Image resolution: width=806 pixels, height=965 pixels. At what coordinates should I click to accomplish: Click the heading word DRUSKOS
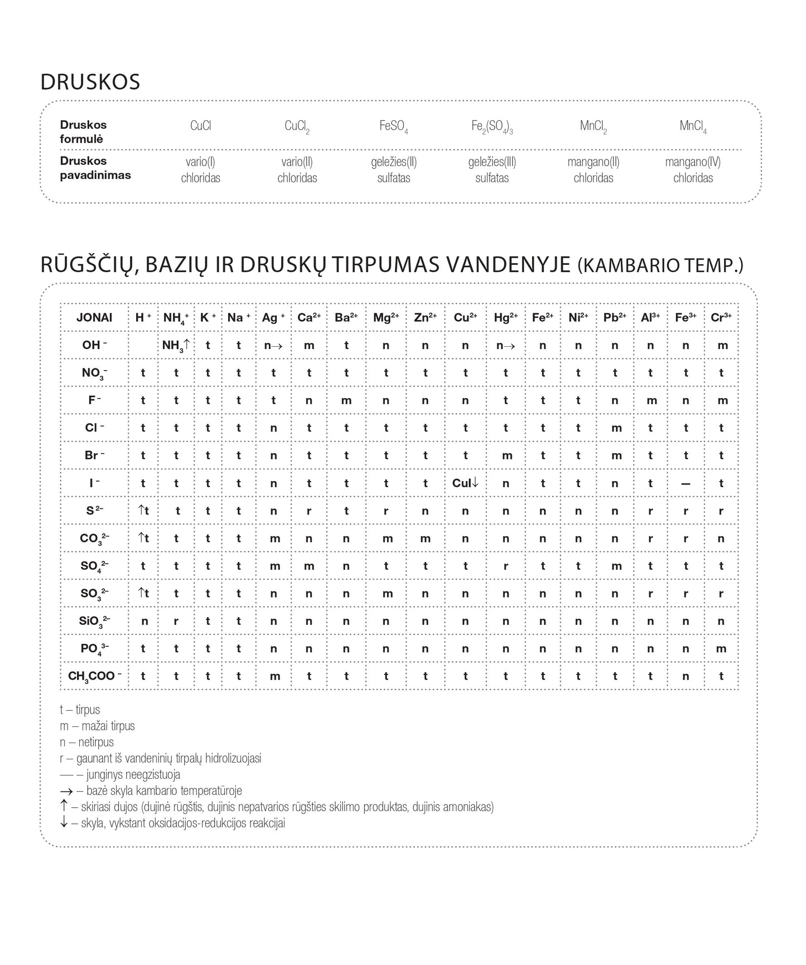(x=90, y=82)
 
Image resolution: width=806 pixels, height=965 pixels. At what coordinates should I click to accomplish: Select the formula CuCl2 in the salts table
(x=297, y=127)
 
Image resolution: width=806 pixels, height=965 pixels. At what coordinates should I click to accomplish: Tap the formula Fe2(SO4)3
(x=491, y=127)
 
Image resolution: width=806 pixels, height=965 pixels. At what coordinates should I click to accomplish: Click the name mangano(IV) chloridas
(x=693, y=170)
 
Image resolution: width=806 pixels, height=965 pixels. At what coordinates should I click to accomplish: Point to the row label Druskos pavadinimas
(x=95, y=168)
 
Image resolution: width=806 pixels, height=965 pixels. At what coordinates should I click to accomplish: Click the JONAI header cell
(x=94, y=318)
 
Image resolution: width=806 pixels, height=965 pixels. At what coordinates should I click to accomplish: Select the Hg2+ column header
(x=505, y=318)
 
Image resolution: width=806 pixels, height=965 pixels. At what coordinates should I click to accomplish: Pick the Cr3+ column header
(x=721, y=318)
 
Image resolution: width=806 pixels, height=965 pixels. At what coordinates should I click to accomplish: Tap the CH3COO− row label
(x=94, y=676)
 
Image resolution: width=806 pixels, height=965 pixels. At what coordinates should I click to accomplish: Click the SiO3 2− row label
(x=94, y=621)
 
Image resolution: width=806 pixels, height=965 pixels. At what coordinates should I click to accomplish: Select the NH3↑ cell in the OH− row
(x=176, y=345)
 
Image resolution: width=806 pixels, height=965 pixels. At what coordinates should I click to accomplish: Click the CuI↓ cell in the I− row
(x=465, y=483)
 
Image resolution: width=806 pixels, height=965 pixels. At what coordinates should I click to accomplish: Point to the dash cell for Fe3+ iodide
(x=686, y=484)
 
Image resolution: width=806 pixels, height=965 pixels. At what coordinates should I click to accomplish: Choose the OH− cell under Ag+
(x=273, y=346)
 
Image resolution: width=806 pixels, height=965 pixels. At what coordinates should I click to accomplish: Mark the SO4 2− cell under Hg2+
(x=505, y=566)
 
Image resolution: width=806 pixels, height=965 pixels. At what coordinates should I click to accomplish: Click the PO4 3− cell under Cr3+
(x=721, y=649)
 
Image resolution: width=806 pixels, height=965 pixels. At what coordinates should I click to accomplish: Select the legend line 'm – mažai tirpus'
(x=97, y=726)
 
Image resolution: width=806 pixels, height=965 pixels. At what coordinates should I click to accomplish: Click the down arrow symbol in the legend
(x=64, y=822)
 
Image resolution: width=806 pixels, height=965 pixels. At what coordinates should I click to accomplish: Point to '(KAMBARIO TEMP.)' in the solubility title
(x=660, y=265)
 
